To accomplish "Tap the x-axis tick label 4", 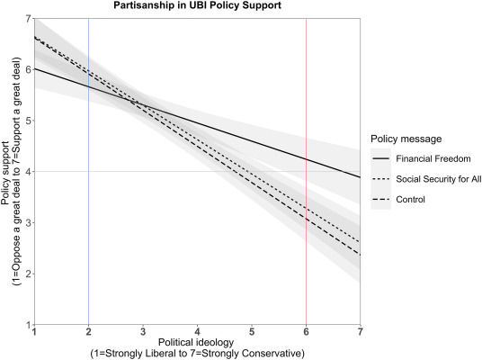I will [197, 332].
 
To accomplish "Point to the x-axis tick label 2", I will [88, 332].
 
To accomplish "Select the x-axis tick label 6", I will [306, 332].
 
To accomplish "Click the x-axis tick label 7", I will [360, 332].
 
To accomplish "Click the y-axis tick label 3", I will [28, 222].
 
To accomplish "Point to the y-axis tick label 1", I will [28, 324].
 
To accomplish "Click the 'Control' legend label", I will [415, 199].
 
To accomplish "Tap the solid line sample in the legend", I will [382, 158].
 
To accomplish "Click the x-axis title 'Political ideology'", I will [197, 344].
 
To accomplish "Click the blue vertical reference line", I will [88, 180].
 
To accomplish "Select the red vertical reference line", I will [306, 180].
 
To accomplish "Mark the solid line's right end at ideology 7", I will [360, 177].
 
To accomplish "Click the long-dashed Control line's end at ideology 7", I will [360, 254].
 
